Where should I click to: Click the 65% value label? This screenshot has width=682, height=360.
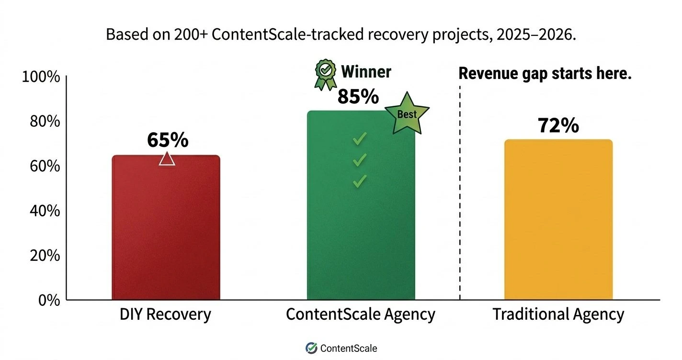pyautogui.click(x=167, y=140)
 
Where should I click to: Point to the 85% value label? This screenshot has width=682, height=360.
pyautogui.click(x=358, y=96)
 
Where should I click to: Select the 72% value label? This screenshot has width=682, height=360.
pyautogui.click(x=558, y=125)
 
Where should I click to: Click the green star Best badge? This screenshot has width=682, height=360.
pyautogui.click(x=407, y=114)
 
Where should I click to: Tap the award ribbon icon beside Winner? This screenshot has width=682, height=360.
pyautogui.click(x=325, y=74)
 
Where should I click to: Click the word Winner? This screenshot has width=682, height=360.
pyautogui.click(x=366, y=72)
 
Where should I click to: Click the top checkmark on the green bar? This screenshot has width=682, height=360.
pyautogui.click(x=359, y=139)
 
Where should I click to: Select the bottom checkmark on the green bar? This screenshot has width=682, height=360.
pyautogui.click(x=359, y=181)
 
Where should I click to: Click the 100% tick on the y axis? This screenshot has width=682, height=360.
pyautogui.click(x=41, y=77)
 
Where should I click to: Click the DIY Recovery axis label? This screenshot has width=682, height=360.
pyautogui.click(x=165, y=315)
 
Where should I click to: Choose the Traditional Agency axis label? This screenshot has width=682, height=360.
pyautogui.click(x=558, y=315)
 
